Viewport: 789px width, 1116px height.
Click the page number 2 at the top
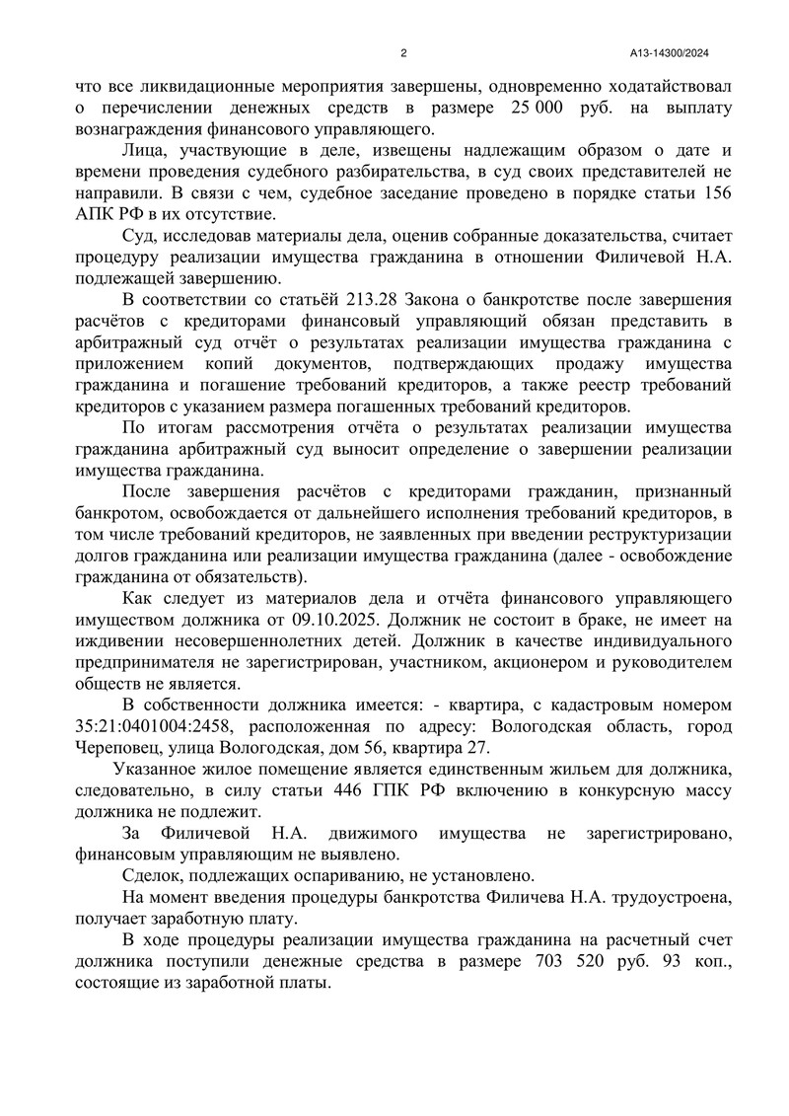pyautogui.click(x=403, y=54)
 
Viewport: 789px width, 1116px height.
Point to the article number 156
pyautogui.click(x=709, y=193)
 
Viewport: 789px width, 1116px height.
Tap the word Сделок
pyautogui.click(x=157, y=875)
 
